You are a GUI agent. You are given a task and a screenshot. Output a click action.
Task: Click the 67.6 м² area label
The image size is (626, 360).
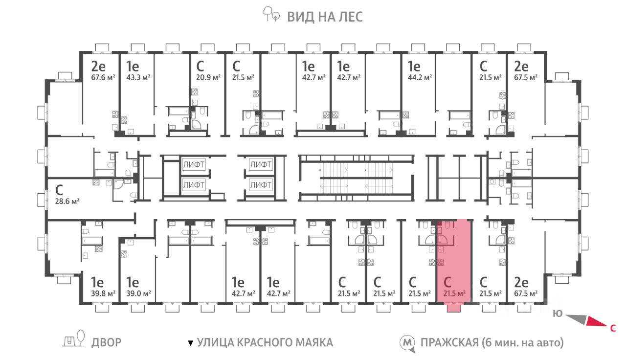pos(103,77)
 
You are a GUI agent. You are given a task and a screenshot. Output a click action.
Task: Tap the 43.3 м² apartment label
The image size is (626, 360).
pos(138,77)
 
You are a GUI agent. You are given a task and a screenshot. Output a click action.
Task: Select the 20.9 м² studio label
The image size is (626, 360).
pos(208,77)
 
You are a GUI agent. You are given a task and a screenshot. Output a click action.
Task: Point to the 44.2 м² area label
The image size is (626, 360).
pos(420,77)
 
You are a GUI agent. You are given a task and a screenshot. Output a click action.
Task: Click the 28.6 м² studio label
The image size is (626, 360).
pos(67,201)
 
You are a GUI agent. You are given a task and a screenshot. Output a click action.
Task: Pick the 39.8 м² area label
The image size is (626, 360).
pos(103,294)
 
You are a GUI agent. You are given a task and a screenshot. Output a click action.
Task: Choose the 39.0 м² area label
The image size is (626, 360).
pos(138,294)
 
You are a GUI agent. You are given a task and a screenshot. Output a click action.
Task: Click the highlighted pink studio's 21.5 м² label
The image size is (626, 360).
pos(454,294)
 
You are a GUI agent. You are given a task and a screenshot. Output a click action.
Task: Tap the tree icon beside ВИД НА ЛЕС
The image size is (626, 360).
pos(271,14)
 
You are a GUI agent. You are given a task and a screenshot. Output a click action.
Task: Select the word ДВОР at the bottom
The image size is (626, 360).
pos(106,342)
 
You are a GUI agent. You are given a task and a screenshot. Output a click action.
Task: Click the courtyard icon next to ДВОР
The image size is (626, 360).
pos(74,338)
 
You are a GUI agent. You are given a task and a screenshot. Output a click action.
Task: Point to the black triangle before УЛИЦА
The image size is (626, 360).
pos(191,343)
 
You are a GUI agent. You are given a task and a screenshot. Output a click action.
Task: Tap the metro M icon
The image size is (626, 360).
pos(407,343)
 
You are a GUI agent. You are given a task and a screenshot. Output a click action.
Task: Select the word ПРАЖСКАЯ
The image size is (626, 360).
pos(449,342)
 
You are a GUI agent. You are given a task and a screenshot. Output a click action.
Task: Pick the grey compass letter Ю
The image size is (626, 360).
pos(558,314)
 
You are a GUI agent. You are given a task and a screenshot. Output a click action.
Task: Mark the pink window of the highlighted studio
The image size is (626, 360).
pos(453,308)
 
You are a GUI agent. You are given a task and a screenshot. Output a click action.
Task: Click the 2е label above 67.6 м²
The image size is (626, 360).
pos(98,67)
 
